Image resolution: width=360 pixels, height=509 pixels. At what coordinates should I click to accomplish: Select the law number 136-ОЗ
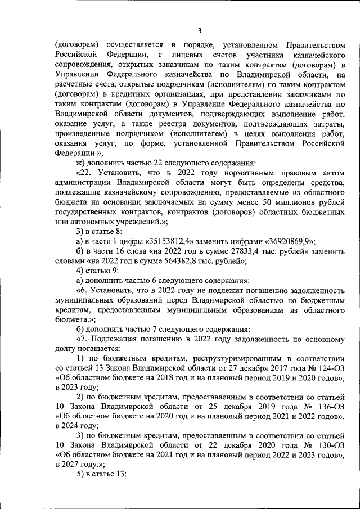click(328, 406)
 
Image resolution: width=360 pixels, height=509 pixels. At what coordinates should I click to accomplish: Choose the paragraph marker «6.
click(82, 290)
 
